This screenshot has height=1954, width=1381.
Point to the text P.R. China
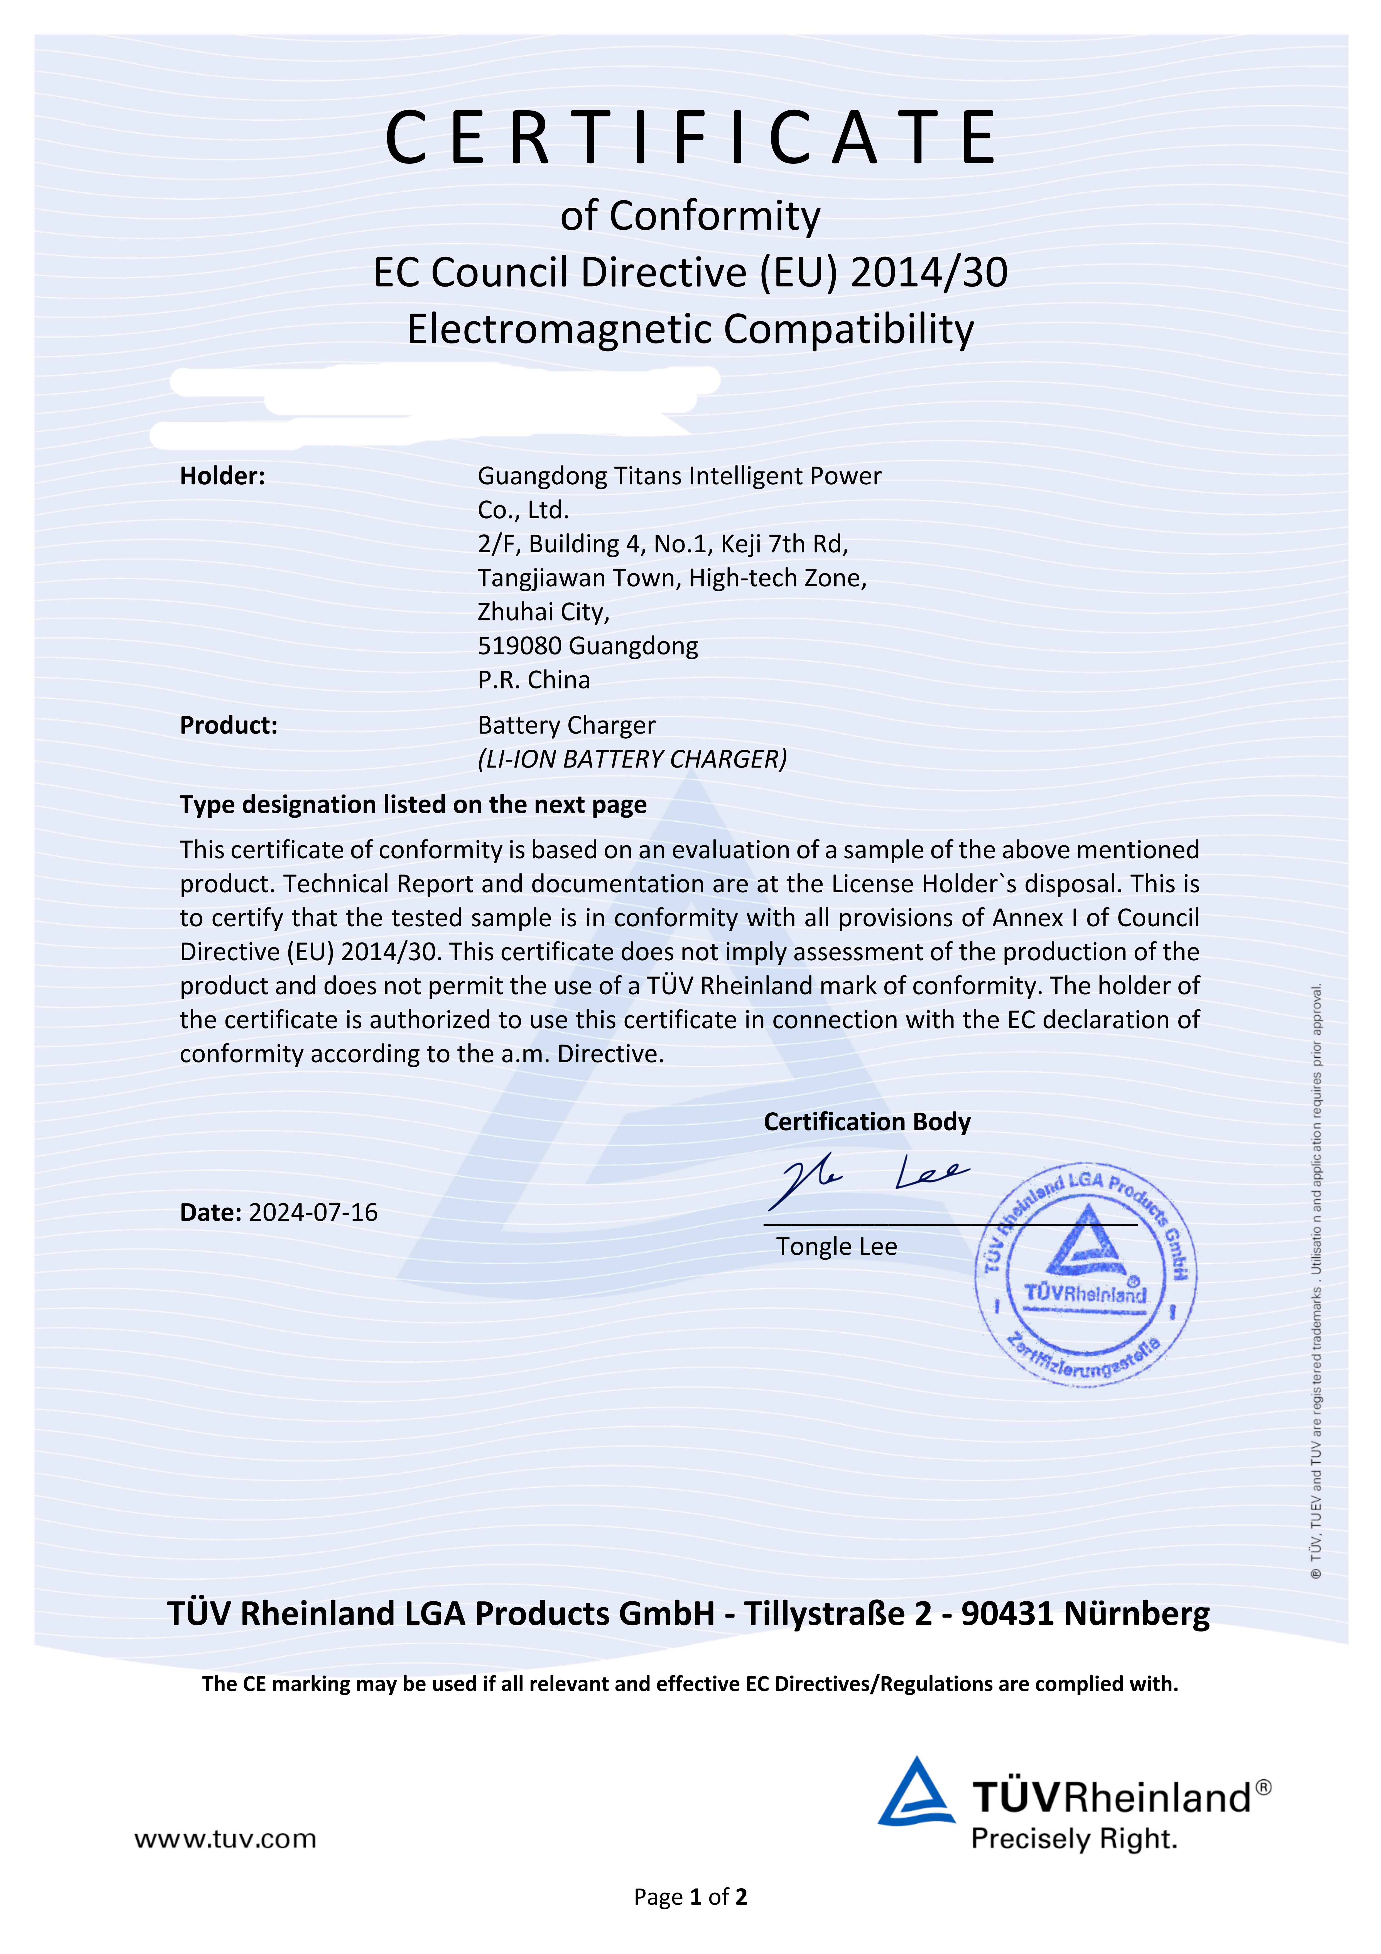coord(534,680)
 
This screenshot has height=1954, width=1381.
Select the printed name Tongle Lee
coord(837,1247)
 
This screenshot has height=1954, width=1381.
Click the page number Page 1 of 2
coord(690,1897)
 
